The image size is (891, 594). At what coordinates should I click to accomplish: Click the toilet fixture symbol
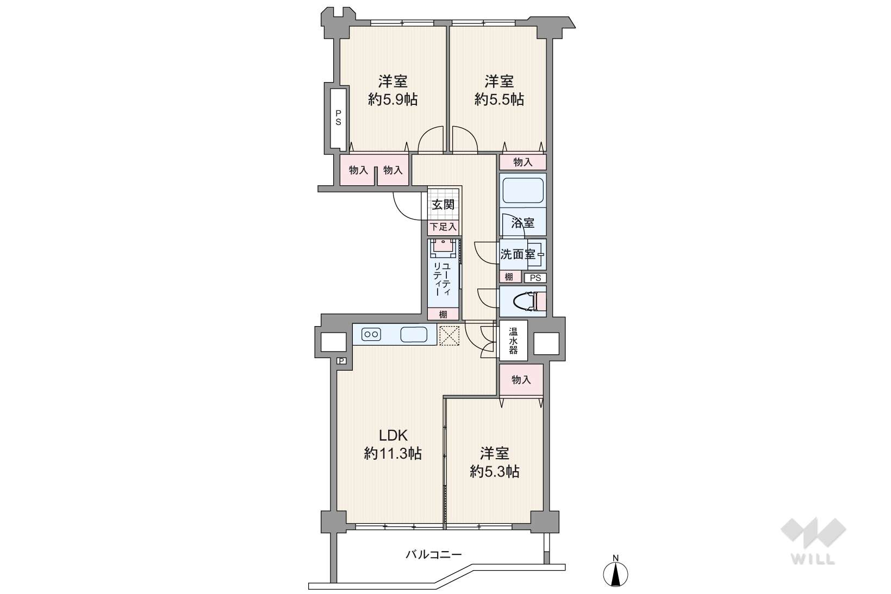click(529, 301)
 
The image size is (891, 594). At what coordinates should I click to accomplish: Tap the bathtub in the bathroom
click(523, 191)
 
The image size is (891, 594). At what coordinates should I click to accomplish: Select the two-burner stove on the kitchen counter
click(371, 334)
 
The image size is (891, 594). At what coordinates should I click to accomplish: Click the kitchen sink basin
click(414, 334)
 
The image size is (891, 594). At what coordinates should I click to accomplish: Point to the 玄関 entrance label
click(444, 205)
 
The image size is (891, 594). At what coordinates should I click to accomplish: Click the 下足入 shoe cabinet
click(444, 227)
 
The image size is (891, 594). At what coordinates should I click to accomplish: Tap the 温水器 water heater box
click(513, 341)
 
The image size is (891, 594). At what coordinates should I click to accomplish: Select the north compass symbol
click(615, 574)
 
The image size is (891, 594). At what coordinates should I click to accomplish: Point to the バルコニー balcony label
click(434, 554)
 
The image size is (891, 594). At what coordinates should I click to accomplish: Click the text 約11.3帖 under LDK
click(392, 454)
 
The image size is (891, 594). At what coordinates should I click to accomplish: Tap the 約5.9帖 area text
click(392, 99)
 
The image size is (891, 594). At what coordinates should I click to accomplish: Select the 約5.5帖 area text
click(499, 99)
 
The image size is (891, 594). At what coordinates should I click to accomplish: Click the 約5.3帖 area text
click(494, 472)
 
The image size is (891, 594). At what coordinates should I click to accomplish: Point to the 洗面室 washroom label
click(518, 254)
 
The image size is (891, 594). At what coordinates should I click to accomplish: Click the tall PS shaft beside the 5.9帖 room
click(338, 118)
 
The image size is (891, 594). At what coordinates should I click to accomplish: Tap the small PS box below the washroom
click(535, 278)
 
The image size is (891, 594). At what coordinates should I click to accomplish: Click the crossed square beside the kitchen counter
click(449, 336)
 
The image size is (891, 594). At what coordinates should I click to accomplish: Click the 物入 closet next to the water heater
click(521, 380)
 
